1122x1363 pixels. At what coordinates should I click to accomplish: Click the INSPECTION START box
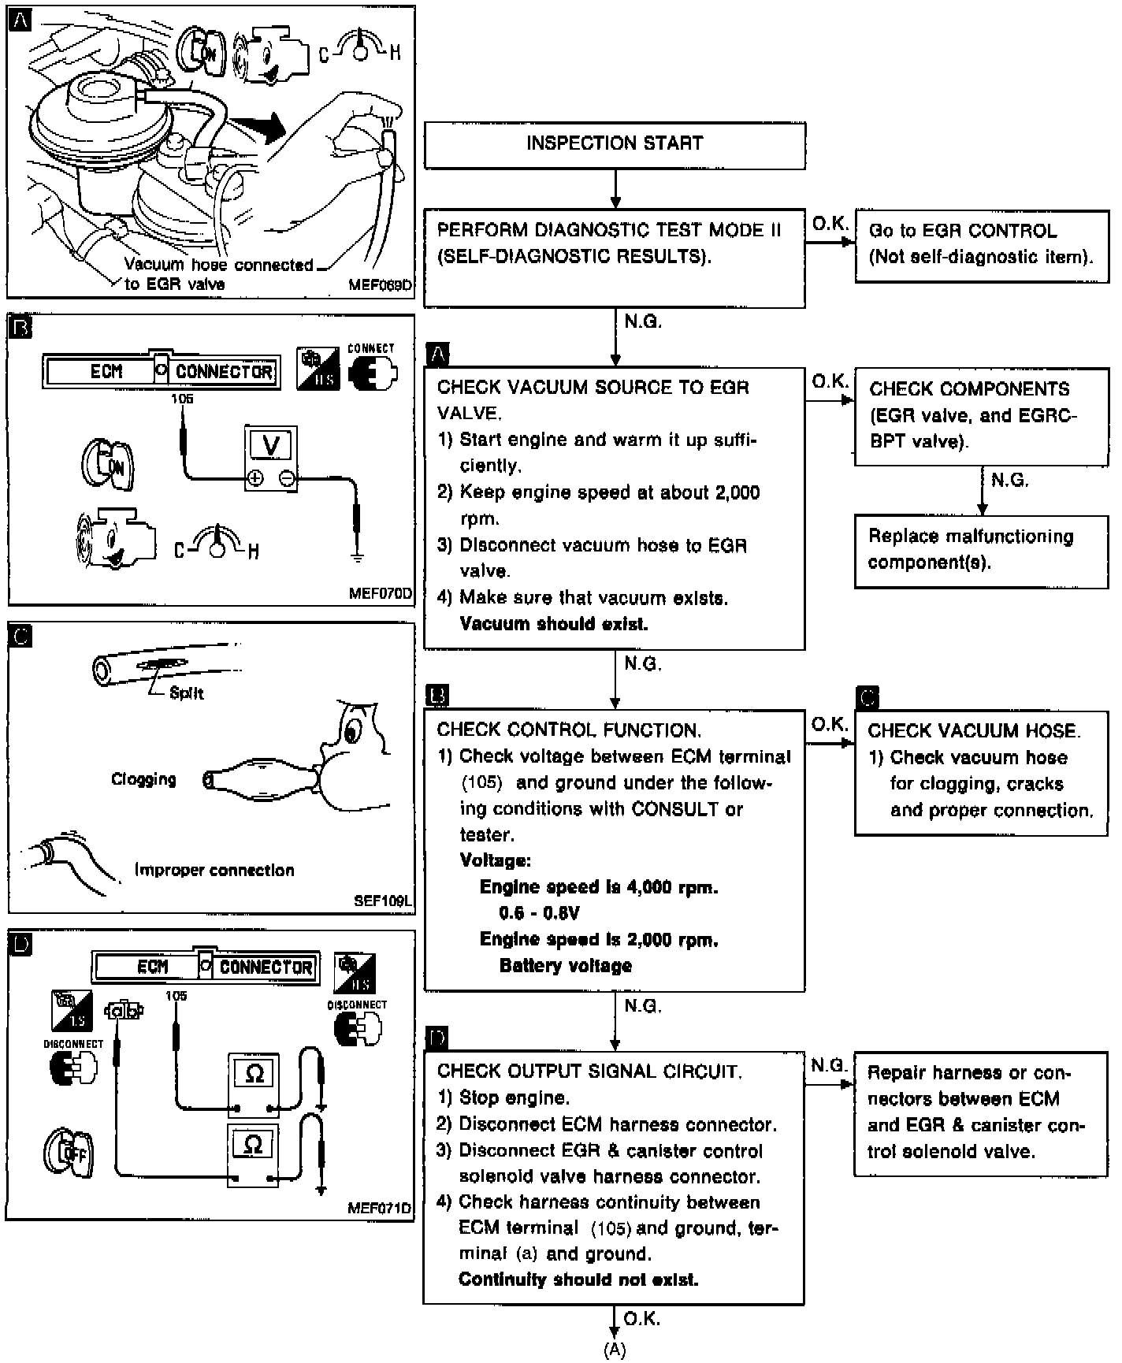(x=615, y=144)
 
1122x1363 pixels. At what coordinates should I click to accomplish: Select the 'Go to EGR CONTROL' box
(x=981, y=244)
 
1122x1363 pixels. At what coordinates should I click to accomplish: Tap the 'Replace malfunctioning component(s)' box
(x=981, y=550)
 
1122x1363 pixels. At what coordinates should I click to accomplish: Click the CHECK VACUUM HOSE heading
(x=974, y=731)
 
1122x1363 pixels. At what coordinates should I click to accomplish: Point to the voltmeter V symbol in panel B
(x=270, y=446)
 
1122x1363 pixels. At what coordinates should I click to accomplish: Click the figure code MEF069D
(x=380, y=285)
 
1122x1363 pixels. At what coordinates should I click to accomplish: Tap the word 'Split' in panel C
(x=186, y=693)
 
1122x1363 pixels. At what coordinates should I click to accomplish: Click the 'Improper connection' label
(x=214, y=871)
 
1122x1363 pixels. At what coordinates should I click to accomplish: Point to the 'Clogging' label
(x=143, y=779)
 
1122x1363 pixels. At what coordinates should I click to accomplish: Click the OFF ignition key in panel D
(x=68, y=1154)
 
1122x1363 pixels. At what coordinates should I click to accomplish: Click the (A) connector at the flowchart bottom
(x=615, y=1350)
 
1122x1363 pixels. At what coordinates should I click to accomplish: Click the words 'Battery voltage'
(x=565, y=966)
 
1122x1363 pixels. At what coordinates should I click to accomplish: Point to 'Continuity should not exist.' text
(x=578, y=1279)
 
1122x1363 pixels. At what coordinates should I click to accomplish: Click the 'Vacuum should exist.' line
(x=553, y=624)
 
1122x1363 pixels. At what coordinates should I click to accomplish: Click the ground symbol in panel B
(x=357, y=557)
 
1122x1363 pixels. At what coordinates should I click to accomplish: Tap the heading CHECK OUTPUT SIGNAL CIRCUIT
(x=589, y=1071)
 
